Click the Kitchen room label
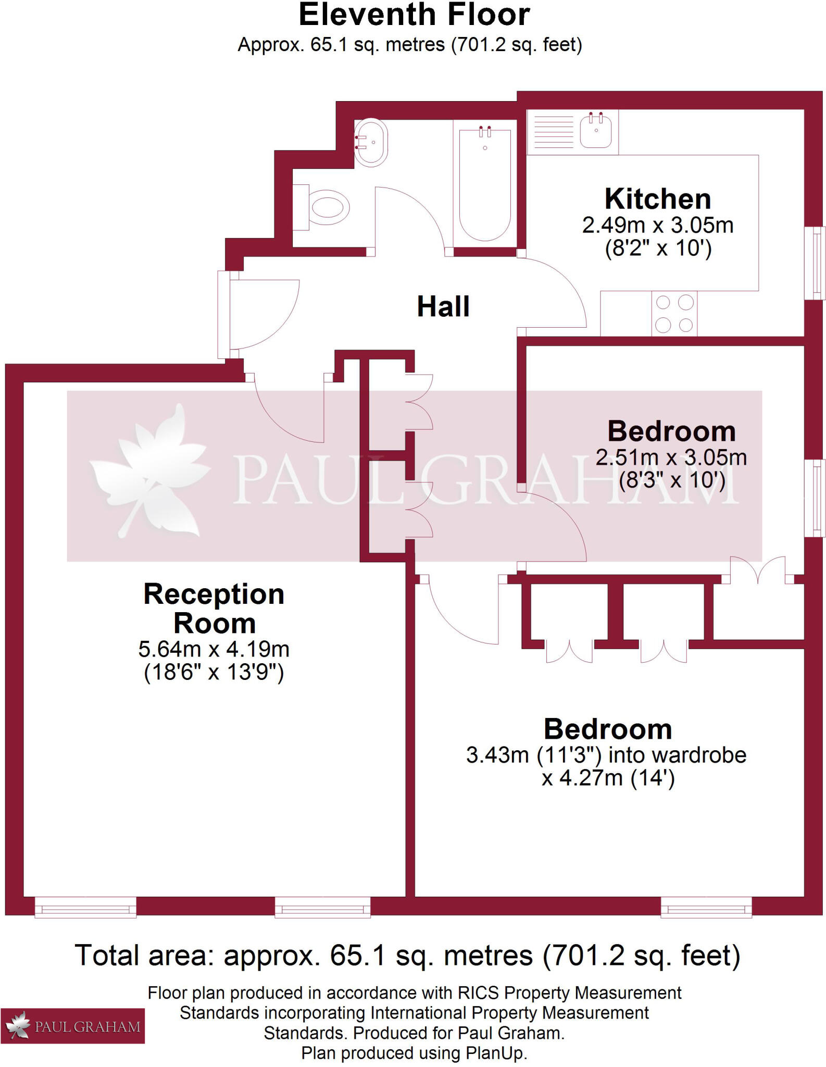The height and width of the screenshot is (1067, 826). (658, 199)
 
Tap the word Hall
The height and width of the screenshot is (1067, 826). (443, 306)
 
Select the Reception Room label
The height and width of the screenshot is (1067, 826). (214, 609)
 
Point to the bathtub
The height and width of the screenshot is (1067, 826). (484, 185)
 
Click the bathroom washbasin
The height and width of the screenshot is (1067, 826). (371, 142)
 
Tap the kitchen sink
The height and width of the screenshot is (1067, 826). (596, 131)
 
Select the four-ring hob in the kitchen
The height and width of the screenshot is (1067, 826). (674, 314)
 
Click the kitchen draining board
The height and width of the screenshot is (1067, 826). (554, 132)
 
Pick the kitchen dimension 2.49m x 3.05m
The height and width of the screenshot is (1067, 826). (658, 226)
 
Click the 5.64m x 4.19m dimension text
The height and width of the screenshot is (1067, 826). (214, 649)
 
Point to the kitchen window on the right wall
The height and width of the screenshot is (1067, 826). (815, 263)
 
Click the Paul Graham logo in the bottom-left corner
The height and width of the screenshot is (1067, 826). (72, 1025)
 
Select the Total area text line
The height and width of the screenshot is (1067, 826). (408, 955)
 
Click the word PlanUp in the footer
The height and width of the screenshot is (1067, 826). (496, 1053)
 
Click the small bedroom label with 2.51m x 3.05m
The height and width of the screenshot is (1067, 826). (671, 431)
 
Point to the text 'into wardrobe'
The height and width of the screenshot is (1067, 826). (677, 755)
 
